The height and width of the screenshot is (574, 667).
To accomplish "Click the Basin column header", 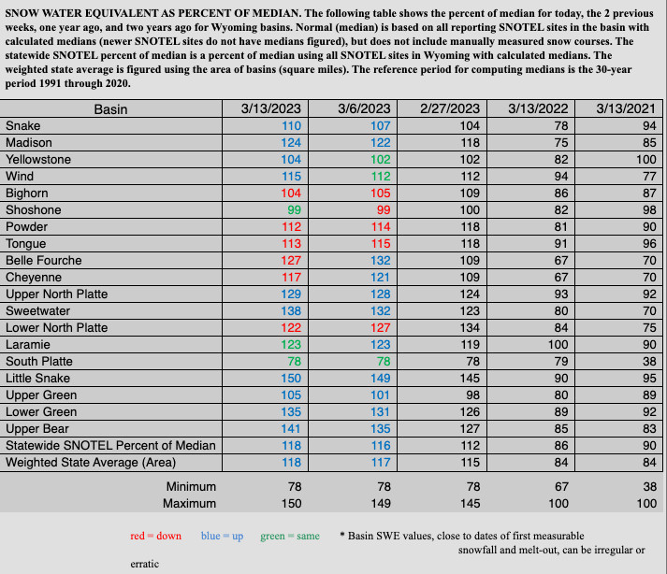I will click(x=110, y=109).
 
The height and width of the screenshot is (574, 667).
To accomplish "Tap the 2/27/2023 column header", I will click(x=450, y=109).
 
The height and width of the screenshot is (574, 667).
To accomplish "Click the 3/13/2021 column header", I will click(x=626, y=109).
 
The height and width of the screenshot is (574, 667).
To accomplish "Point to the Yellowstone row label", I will click(x=38, y=160).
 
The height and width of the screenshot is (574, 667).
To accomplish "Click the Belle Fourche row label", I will click(x=43, y=261).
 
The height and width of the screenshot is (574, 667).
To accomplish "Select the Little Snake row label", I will click(x=39, y=379).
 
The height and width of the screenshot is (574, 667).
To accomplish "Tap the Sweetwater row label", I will click(x=36, y=311).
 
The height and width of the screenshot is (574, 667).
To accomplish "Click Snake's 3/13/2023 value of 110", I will click(x=292, y=126).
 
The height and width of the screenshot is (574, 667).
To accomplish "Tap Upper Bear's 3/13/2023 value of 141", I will click(x=292, y=429).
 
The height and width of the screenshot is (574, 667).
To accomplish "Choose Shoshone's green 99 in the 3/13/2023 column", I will click(x=296, y=210).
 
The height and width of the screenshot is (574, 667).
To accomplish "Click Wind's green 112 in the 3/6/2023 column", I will click(x=380, y=177).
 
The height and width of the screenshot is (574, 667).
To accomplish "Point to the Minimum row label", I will click(x=191, y=487).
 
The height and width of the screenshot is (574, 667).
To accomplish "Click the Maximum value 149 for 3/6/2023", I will click(x=380, y=504).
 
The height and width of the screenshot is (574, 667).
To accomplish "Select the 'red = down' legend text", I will click(x=155, y=536).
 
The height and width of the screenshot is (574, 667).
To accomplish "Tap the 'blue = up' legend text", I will click(x=222, y=536).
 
